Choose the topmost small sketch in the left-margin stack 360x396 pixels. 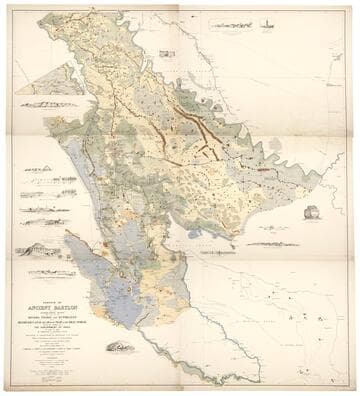38,171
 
